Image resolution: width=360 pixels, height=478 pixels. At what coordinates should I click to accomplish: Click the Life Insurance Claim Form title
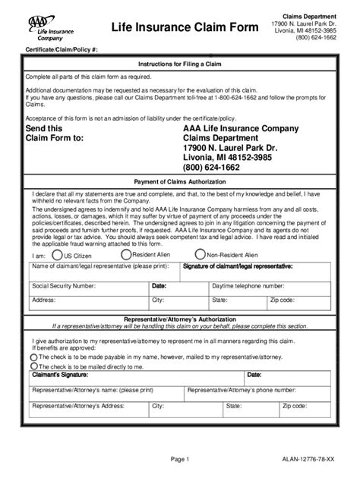click(x=171, y=27)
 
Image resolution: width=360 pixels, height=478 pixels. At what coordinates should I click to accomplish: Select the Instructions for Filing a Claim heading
click(x=180, y=64)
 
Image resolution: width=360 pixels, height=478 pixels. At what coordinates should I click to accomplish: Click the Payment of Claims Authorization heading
click(x=180, y=181)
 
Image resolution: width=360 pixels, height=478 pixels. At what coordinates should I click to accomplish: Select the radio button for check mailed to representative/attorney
click(x=33, y=356)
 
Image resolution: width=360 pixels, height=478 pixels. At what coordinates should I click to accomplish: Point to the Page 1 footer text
click(x=180, y=460)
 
